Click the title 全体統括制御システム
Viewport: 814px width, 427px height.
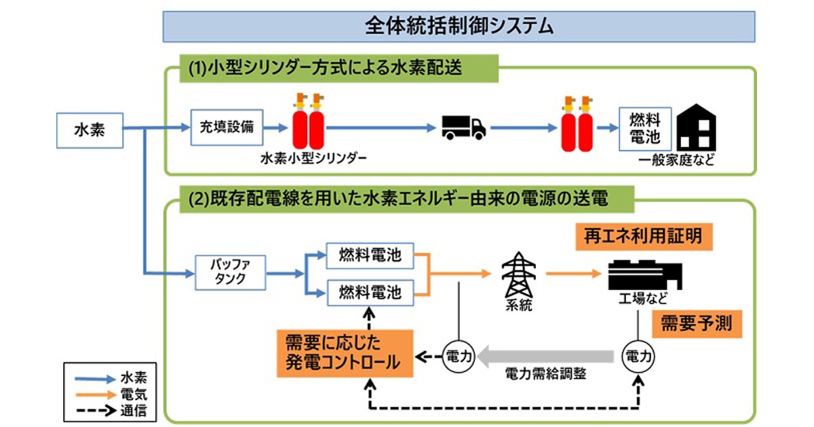point(459,26)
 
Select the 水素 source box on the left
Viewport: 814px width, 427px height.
point(89,128)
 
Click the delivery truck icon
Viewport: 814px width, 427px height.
point(463,127)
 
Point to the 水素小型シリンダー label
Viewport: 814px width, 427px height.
point(313,160)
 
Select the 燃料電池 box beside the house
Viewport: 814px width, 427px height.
point(645,129)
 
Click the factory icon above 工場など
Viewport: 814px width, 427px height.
point(644,272)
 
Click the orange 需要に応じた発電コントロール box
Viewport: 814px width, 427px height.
point(345,352)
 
